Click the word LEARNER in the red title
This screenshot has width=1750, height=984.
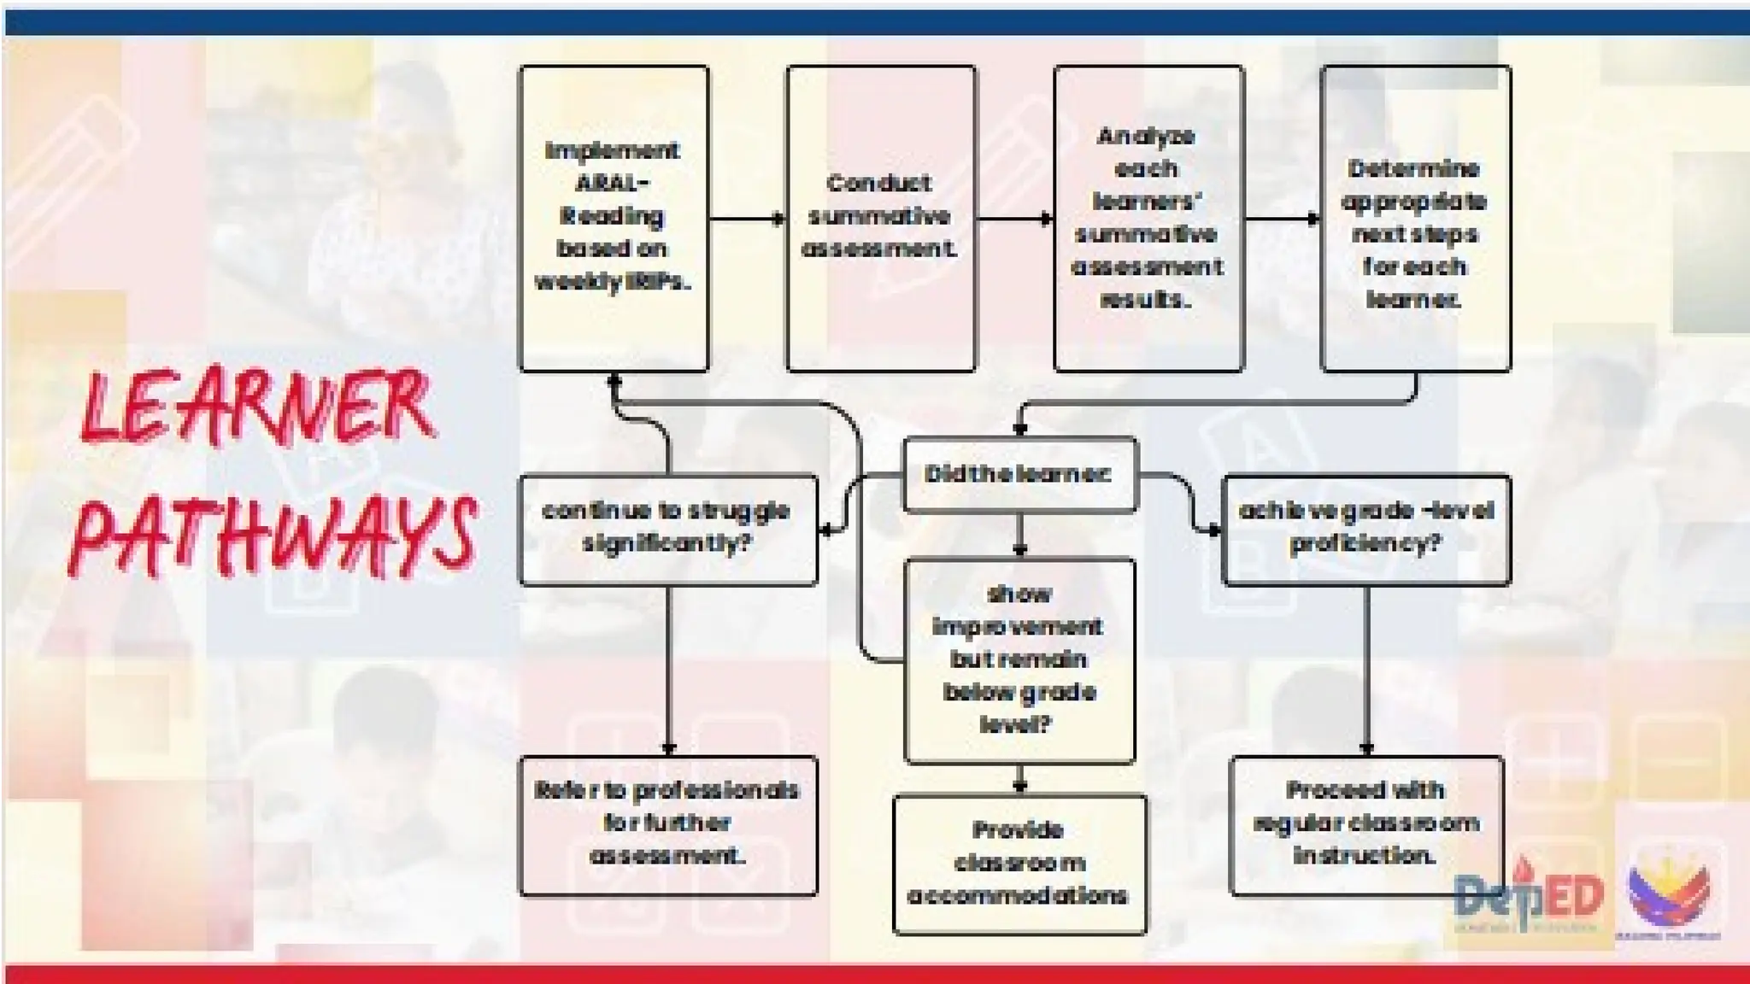[x=256, y=407]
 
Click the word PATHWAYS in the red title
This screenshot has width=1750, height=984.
[x=272, y=533]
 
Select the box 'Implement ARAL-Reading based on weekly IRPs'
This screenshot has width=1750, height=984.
[x=614, y=218]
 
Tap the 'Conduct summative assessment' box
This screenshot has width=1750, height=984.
[x=880, y=218]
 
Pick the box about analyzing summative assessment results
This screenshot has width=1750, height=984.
[x=1148, y=218]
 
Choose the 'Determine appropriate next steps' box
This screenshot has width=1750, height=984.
[x=1415, y=218]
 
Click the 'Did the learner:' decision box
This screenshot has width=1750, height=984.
[x=1019, y=474]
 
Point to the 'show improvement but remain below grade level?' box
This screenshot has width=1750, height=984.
[x=1019, y=659]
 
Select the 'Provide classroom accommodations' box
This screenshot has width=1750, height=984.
[x=1019, y=864]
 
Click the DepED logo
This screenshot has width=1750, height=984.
[x=1528, y=897]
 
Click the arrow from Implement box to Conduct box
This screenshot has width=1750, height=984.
[x=747, y=219]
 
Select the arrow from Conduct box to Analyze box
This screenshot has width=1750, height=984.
[x=1014, y=219]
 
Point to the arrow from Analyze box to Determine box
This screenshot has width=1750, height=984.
[x=1281, y=219]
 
